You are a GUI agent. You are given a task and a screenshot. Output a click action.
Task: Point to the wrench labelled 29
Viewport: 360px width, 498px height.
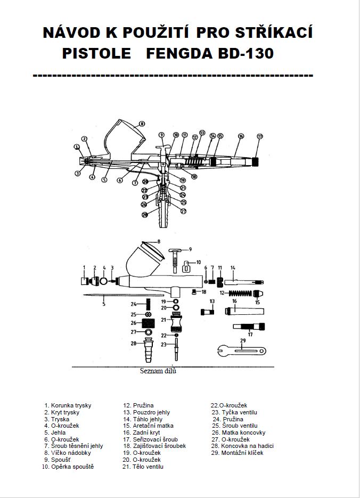(241, 349)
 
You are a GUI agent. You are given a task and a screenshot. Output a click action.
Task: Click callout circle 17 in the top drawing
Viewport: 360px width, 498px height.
(260, 136)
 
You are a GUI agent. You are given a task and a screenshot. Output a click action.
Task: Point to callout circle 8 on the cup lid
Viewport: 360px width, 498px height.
(142, 124)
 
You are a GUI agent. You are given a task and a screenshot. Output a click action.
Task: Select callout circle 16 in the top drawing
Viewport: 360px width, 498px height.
(241, 136)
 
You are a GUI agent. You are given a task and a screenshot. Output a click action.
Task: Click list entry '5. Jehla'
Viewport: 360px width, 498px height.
(55, 433)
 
